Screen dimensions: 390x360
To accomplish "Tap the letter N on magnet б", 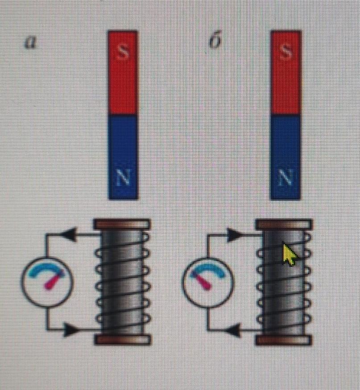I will tap(285, 178).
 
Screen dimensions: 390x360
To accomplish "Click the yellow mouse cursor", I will tap(290, 254).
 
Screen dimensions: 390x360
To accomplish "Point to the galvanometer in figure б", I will tap(207, 281).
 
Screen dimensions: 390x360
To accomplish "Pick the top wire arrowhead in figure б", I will tap(233, 235).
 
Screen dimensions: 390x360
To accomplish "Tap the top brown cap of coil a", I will tap(121, 223).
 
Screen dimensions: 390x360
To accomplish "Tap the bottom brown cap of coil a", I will tap(121, 340).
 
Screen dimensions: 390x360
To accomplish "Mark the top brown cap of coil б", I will tap(283, 224).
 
